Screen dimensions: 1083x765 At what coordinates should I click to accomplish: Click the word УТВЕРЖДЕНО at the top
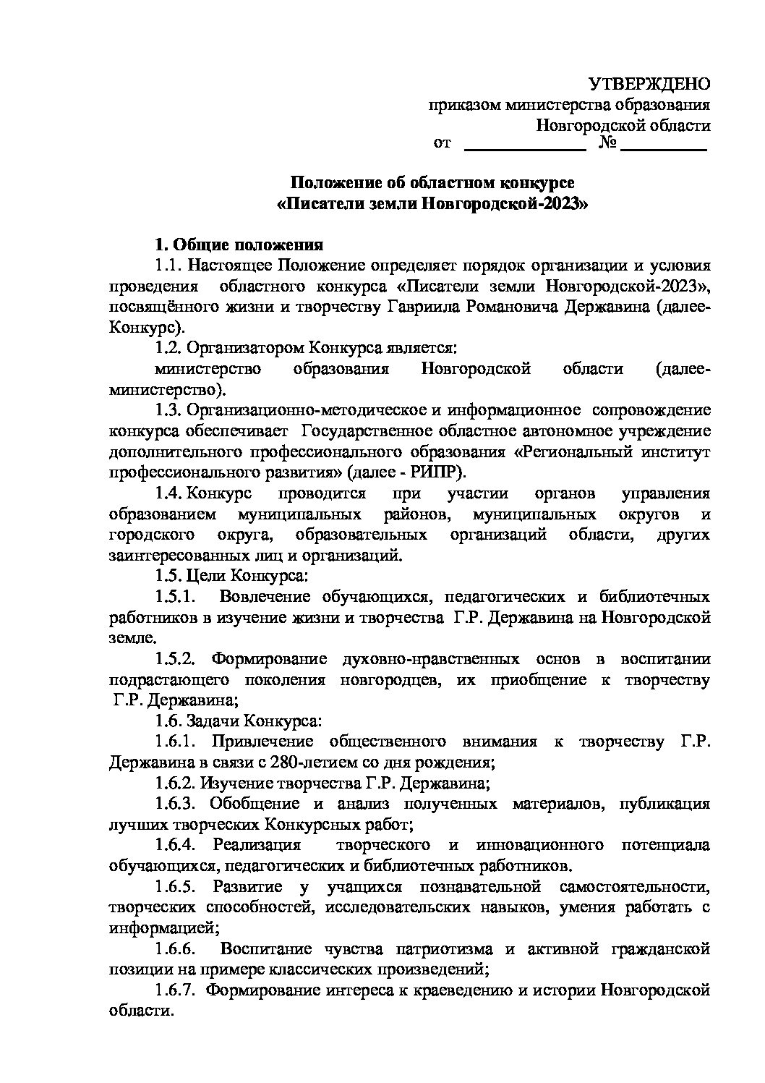point(649,84)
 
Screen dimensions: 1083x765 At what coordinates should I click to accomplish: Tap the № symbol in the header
point(607,143)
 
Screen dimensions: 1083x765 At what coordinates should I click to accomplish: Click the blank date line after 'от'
point(523,148)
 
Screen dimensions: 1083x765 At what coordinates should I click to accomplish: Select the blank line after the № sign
point(663,148)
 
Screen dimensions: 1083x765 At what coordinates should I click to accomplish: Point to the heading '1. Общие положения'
point(239,245)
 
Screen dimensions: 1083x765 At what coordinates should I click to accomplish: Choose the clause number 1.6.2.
point(174,783)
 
